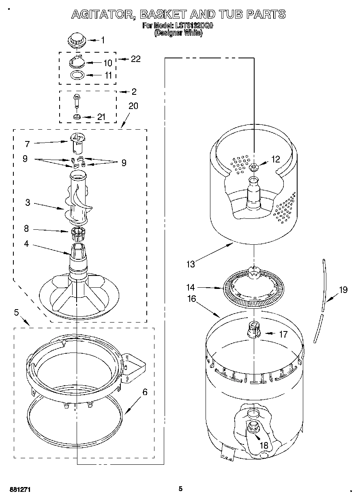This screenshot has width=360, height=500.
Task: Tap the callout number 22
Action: (x=135, y=59)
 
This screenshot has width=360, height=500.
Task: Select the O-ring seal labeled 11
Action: (x=76, y=75)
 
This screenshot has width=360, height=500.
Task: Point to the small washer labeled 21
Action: (x=76, y=117)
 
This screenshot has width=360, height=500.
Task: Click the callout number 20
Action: (x=133, y=106)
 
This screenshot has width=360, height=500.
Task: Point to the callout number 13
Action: (x=190, y=264)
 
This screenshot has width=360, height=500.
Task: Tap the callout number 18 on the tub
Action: (x=264, y=445)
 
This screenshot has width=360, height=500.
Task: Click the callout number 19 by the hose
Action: (x=343, y=290)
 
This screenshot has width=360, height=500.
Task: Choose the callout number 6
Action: (x=145, y=392)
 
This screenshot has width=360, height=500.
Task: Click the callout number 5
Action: (x=16, y=312)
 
